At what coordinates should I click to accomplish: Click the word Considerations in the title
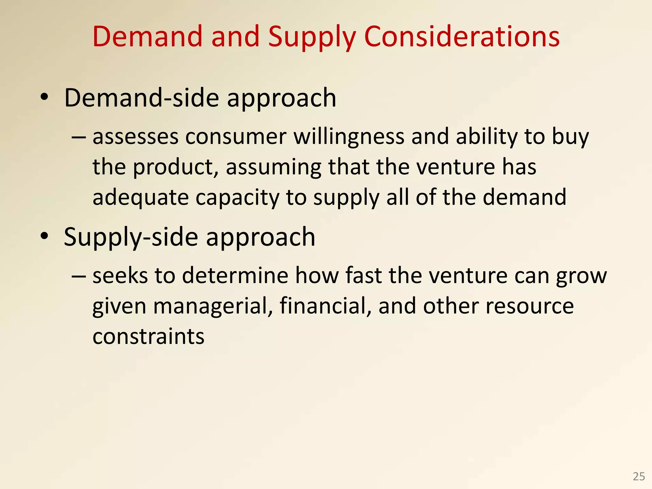462,37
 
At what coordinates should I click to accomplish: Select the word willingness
349,137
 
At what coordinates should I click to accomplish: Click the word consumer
236,137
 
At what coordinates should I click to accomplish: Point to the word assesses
135,137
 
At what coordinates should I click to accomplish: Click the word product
173,168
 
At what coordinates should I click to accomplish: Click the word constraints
148,337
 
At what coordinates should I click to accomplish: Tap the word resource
530,306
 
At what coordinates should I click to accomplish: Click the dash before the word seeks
79,276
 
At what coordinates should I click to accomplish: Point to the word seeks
120,275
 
